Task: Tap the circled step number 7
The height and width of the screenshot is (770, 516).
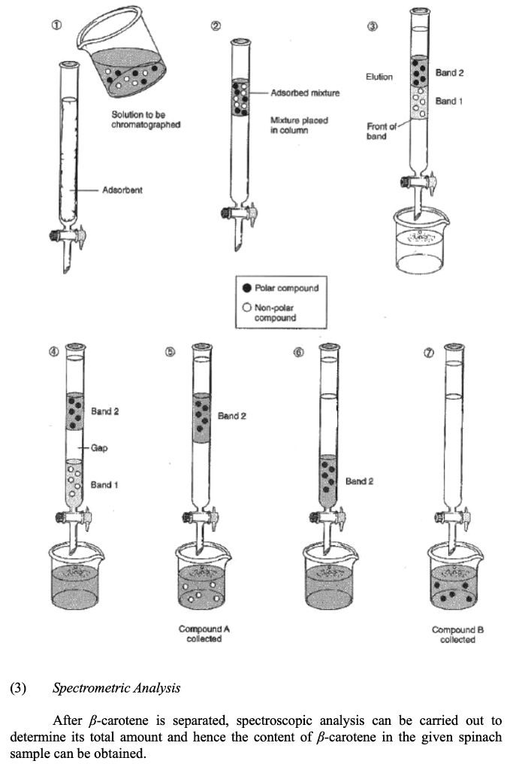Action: click(x=429, y=354)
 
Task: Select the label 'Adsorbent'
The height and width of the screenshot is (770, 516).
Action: click(x=122, y=190)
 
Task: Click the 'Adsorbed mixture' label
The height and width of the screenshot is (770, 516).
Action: click(x=305, y=93)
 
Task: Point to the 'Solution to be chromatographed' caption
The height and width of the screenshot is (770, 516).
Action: click(x=146, y=120)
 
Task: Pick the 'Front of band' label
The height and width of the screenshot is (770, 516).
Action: click(x=377, y=132)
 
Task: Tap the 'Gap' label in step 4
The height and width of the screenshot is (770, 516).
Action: click(x=100, y=447)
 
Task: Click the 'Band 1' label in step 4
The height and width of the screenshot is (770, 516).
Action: click(x=104, y=485)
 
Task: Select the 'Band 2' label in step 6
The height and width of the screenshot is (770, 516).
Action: click(x=359, y=480)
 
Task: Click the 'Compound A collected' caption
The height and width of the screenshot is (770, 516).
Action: click(x=200, y=633)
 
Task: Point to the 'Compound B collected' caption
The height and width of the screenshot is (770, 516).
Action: click(x=454, y=633)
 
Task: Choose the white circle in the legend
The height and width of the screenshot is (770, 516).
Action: click(x=248, y=306)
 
